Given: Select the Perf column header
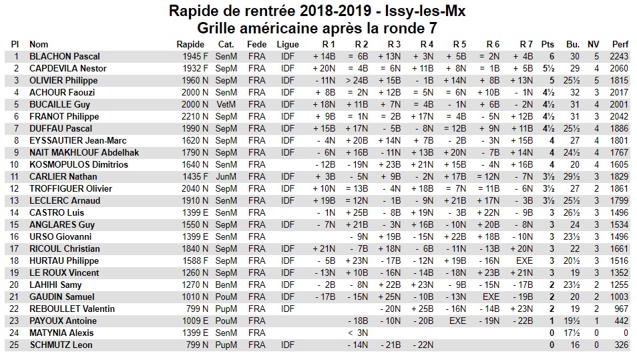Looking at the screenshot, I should [620, 44].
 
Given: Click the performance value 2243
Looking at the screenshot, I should [619, 56].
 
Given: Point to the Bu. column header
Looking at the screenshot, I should [573, 44].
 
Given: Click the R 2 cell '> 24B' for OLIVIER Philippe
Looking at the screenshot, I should [357, 80].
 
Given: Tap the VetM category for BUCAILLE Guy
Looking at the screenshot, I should [226, 104].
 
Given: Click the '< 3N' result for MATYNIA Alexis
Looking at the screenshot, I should [358, 333].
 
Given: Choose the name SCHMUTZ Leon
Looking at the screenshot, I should [60, 345].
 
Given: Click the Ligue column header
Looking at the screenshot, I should [288, 44].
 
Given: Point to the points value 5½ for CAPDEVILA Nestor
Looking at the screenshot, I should [550, 68].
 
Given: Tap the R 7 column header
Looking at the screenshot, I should [525, 44].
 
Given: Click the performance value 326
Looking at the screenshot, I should [621, 345].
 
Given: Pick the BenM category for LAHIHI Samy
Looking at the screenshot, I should [226, 285].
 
